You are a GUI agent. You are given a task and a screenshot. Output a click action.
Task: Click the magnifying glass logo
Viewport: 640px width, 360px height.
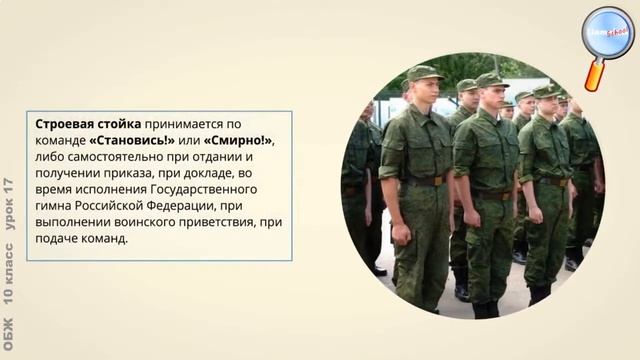[x=607, y=38]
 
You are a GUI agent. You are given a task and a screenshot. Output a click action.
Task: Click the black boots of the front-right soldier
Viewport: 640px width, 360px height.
[x=540, y=294]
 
